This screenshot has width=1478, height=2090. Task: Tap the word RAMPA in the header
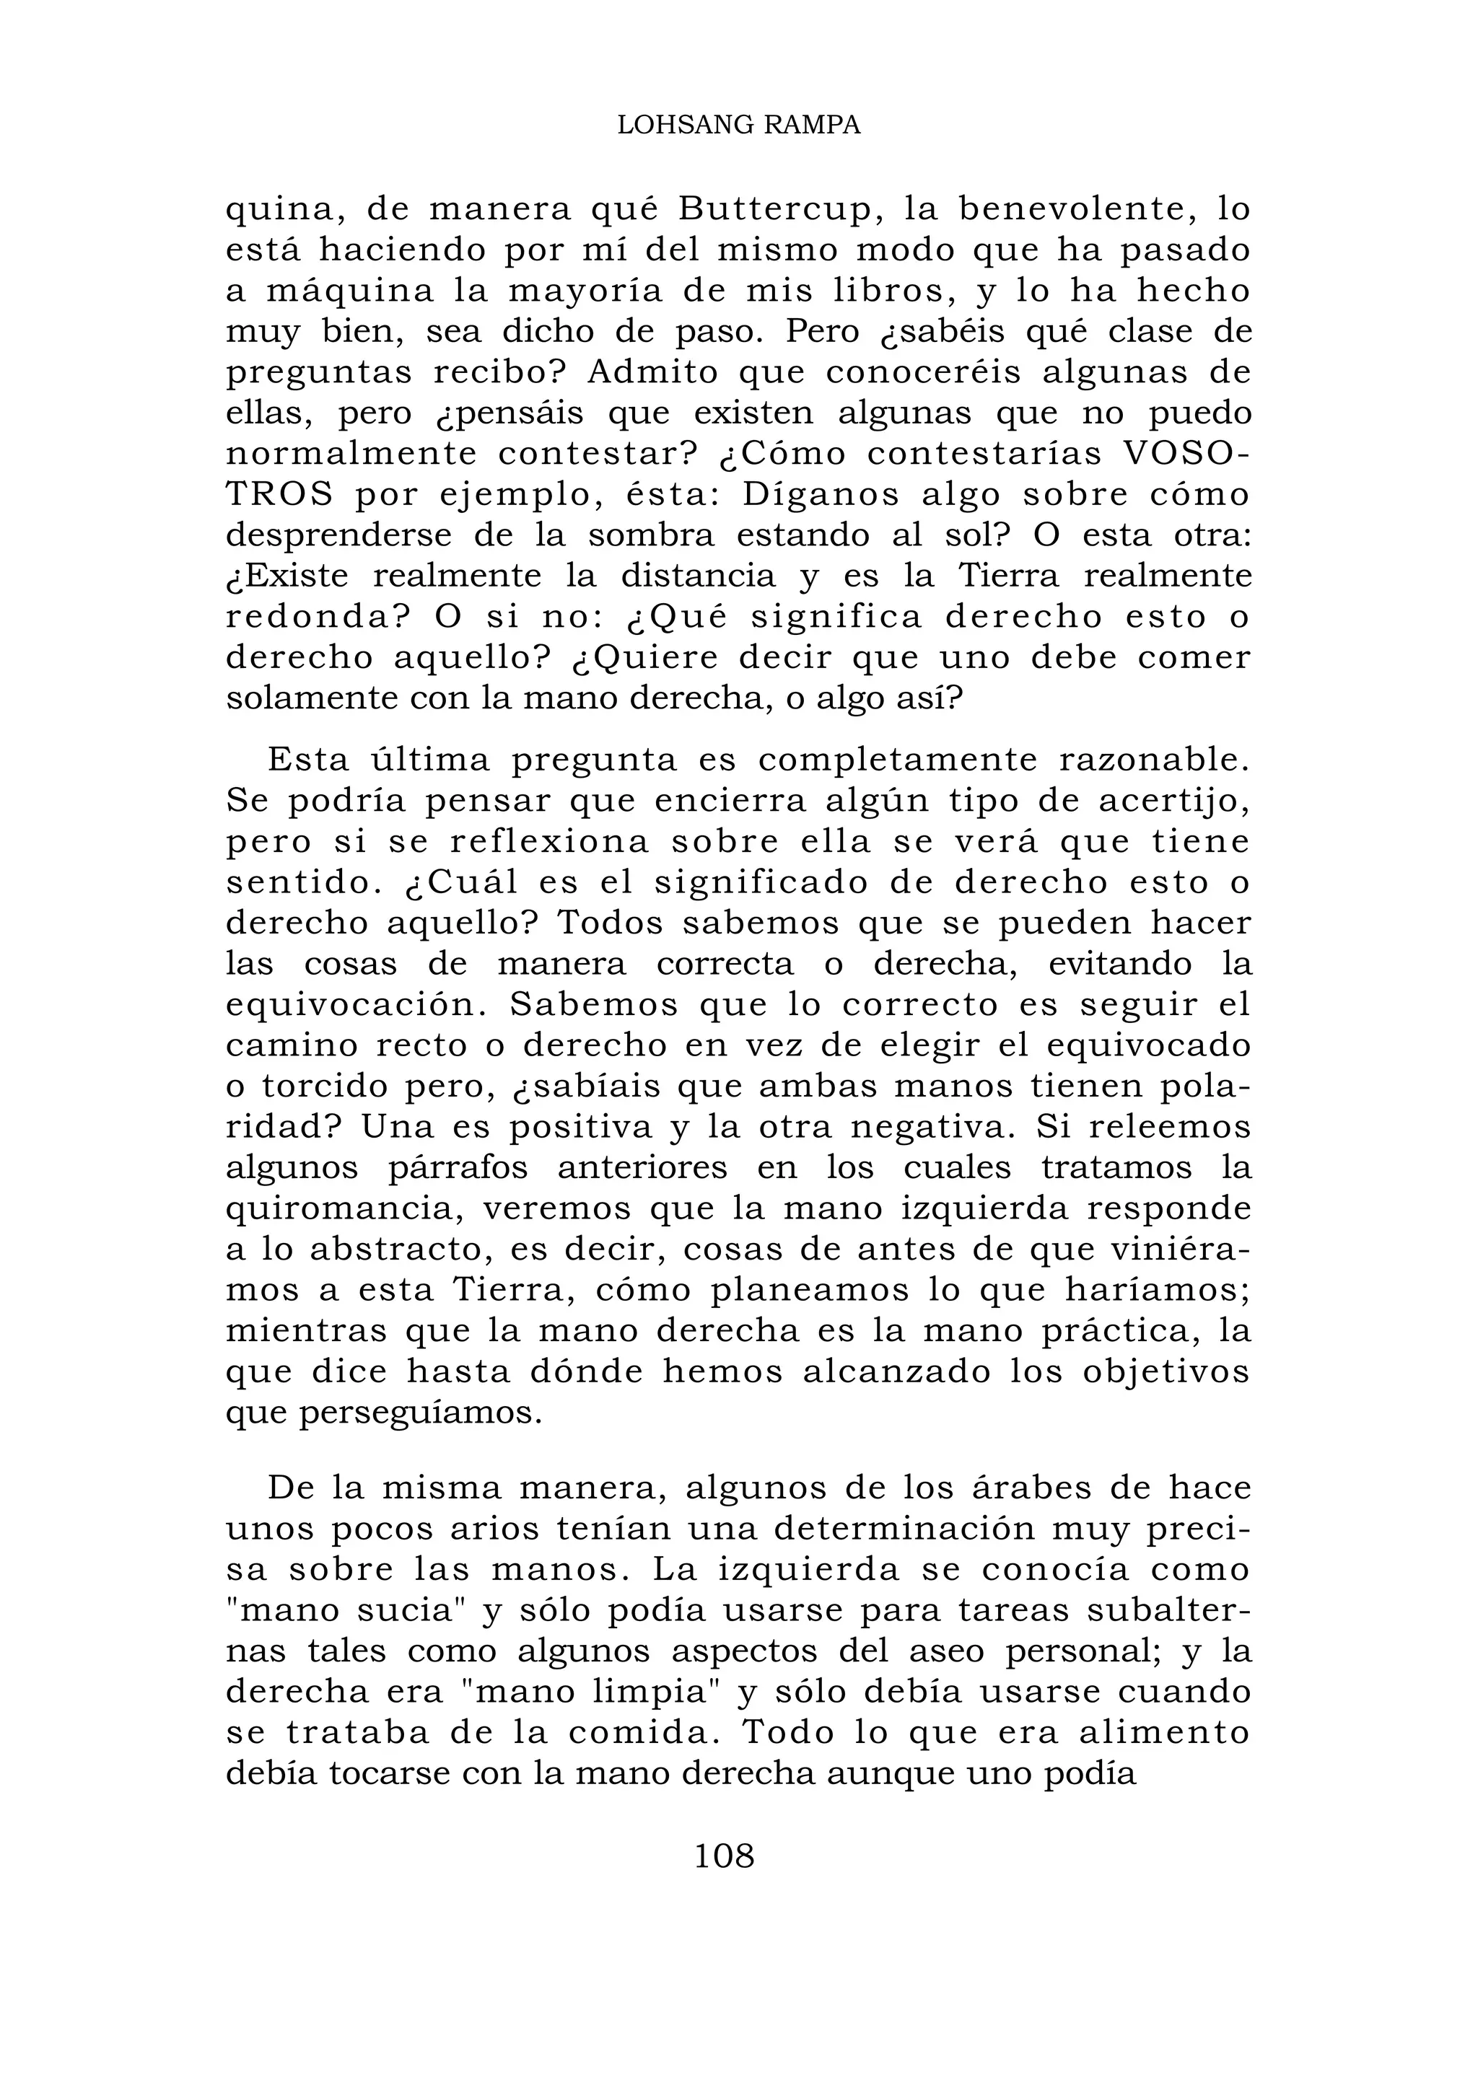coord(810,126)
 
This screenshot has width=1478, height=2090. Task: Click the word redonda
coord(309,617)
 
